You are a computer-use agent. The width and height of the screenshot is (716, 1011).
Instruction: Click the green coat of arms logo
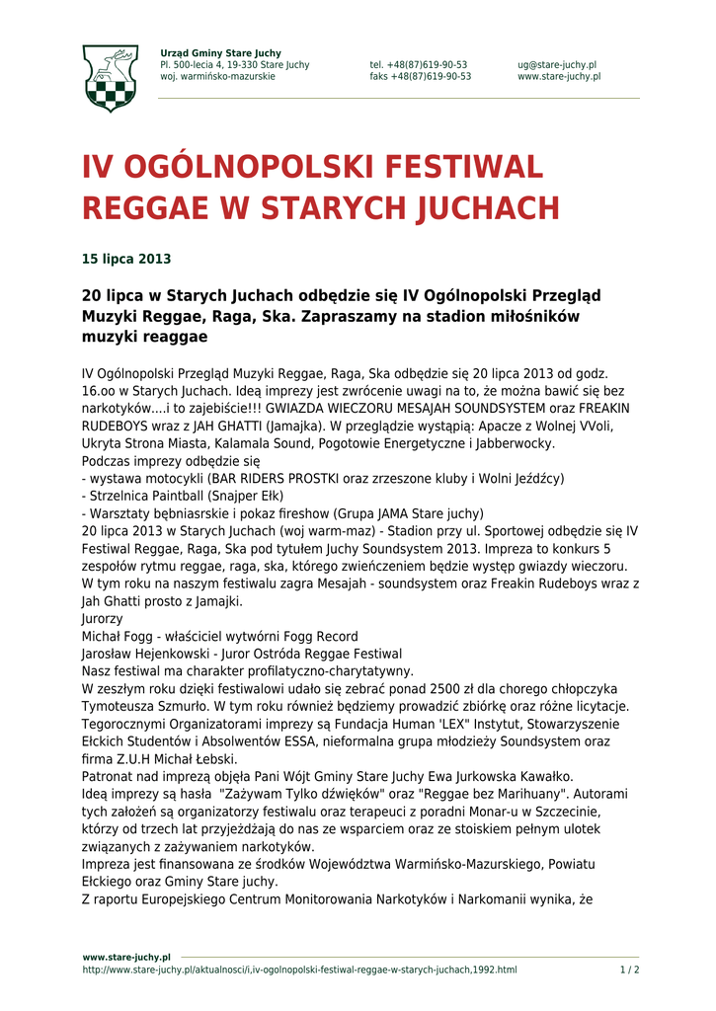110,77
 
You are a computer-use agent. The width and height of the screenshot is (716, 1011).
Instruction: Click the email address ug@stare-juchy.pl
556,65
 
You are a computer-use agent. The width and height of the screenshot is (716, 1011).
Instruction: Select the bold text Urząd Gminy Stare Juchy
220,53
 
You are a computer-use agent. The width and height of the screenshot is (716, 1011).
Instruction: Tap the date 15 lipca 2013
125,260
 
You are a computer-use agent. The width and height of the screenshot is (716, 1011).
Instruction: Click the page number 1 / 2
629,970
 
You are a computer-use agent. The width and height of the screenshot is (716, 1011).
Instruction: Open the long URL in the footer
299,970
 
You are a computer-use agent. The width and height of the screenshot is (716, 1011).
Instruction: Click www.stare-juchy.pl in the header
559,77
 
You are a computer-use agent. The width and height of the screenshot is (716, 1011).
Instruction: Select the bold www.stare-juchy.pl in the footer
126,957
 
